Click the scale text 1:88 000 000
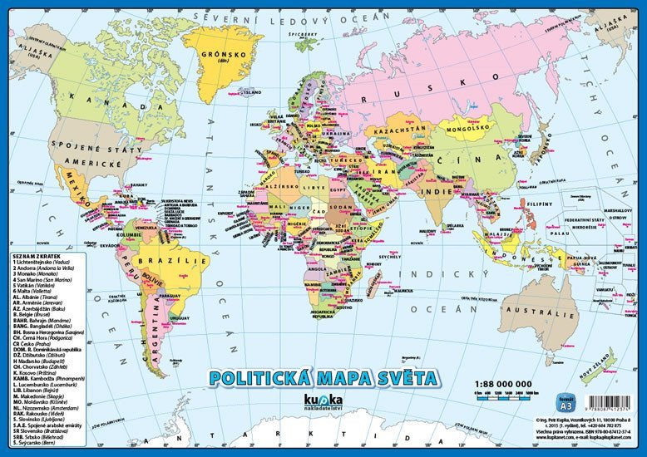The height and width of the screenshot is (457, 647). click(x=509, y=386)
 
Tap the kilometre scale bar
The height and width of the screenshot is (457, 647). click(x=509, y=401)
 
